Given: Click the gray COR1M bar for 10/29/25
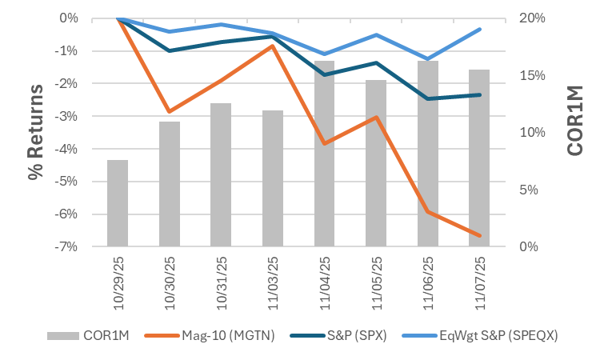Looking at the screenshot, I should [118, 203].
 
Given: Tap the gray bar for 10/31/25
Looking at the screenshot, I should [221, 174].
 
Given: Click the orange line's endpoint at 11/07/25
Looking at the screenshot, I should [479, 235].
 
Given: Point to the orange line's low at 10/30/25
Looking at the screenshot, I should [169, 111].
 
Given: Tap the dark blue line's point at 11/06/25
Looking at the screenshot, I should [428, 98].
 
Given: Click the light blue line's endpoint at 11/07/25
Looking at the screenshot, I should [479, 29].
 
